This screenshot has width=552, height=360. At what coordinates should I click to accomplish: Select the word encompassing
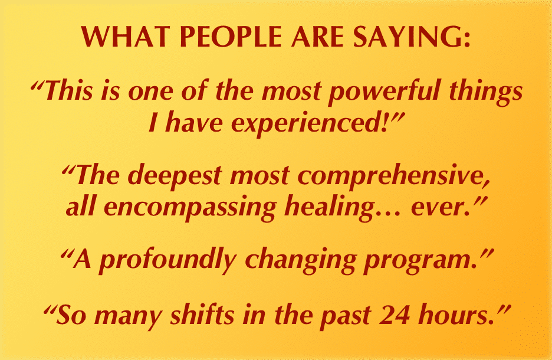point(190,208)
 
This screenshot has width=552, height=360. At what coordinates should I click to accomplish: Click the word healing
point(328,208)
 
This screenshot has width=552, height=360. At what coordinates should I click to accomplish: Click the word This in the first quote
point(68,90)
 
